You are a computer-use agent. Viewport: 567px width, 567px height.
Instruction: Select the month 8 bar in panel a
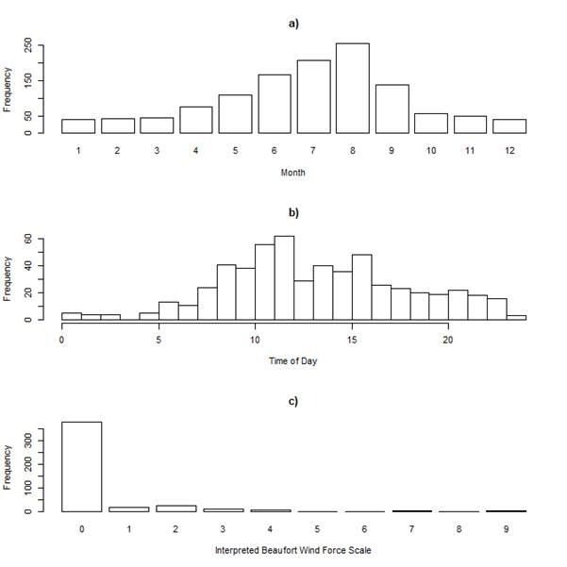click(353, 88)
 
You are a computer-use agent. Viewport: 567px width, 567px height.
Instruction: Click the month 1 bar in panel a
click(78, 125)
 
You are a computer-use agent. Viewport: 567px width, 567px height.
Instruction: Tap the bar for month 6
click(275, 104)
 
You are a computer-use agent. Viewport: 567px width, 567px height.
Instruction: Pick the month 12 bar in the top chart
click(509, 125)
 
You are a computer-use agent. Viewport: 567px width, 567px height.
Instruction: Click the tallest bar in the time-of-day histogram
click(284, 277)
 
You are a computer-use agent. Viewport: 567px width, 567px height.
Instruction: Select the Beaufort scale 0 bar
click(82, 466)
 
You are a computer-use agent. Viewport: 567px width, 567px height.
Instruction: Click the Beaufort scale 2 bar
click(176, 508)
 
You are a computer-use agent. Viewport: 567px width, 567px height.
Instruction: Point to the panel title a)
click(293, 24)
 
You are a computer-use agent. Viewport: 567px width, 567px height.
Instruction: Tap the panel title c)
click(293, 401)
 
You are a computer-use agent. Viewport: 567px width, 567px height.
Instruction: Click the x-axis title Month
click(293, 173)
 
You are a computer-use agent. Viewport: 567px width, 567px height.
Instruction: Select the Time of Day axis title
click(293, 361)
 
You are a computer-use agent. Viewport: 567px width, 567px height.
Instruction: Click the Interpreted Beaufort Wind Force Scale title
click(293, 549)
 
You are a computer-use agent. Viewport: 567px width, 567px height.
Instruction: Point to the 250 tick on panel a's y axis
click(28, 44)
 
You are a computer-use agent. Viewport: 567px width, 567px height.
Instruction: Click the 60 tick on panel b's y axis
click(28, 240)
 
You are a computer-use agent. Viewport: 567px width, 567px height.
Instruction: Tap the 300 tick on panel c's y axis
click(28, 440)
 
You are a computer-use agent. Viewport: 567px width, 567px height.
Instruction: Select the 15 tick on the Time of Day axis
click(352, 339)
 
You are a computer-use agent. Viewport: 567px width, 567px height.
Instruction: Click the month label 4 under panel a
click(196, 150)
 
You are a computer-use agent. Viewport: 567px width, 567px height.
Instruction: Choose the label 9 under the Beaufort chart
click(506, 528)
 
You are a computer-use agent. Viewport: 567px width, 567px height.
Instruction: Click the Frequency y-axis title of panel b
click(8, 279)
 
